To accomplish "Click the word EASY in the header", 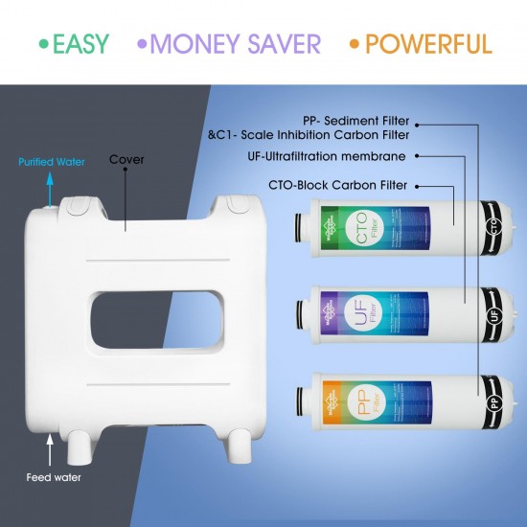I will click(x=80, y=43).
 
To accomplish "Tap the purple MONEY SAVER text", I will click(x=237, y=43).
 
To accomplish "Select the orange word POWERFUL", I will click(x=428, y=43).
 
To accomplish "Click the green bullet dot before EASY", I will click(x=42, y=43).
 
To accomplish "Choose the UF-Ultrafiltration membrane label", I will click(x=337, y=155).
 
